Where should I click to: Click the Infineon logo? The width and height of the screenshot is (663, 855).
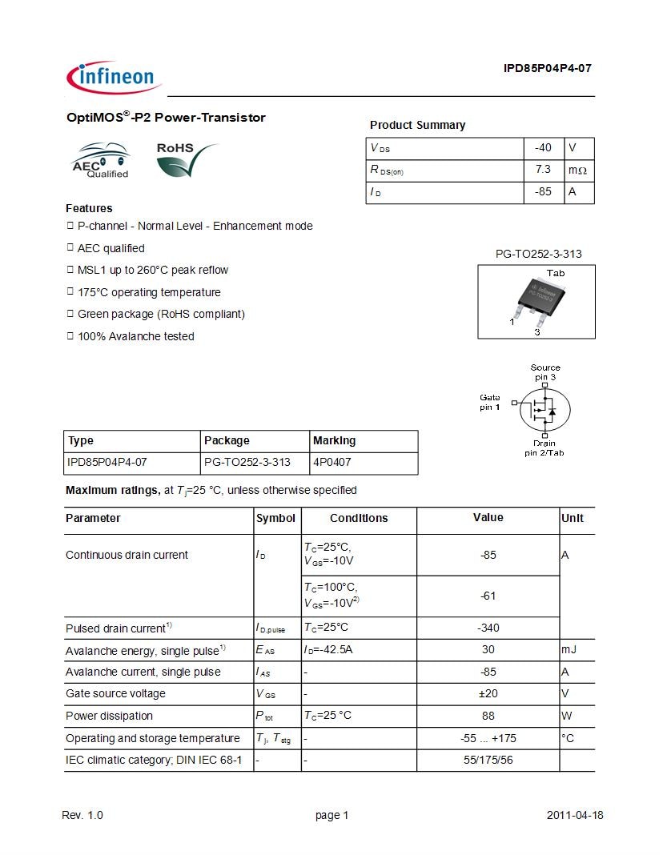pyautogui.click(x=114, y=77)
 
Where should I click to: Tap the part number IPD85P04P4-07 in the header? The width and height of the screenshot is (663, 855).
pyautogui.click(x=547, y=68)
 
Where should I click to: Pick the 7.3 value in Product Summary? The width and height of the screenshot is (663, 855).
pyautogui.click(x=543, y=170)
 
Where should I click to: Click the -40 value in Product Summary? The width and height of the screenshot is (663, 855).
pyautogui.click(x=543, y=148)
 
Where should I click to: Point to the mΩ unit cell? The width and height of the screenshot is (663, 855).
pyautogui.click(x=577, y=171)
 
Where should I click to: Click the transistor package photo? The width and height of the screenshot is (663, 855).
pyautogui.click(x=536, y=301)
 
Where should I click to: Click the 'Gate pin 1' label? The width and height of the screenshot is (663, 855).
pyautogui.click(x=489, y=403)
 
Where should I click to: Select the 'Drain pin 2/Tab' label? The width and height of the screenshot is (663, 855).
pyautogui.click(x=544, y=448)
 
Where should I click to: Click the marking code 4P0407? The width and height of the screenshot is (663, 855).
pyautogui.click(x=331, y=463)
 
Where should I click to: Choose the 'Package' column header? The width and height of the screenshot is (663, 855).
pyautogui.click(x=227, y=440)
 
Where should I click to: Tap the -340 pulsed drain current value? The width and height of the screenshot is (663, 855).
pyautogui.click(x=488, y=628)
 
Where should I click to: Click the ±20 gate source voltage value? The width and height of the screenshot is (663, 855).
pyautogui.click(x=488, y=694)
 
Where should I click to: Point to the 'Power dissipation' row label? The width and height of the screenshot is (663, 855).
pyautogui.click(x=109, y=716)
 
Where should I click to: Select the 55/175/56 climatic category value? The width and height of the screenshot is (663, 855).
pyautogui.click(x=488, y=760)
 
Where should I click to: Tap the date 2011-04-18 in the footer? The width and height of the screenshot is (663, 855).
pyautogui.click(x=574, y=815)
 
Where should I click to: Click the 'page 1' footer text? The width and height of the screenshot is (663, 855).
pyautogui.click(x=331, y=815)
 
